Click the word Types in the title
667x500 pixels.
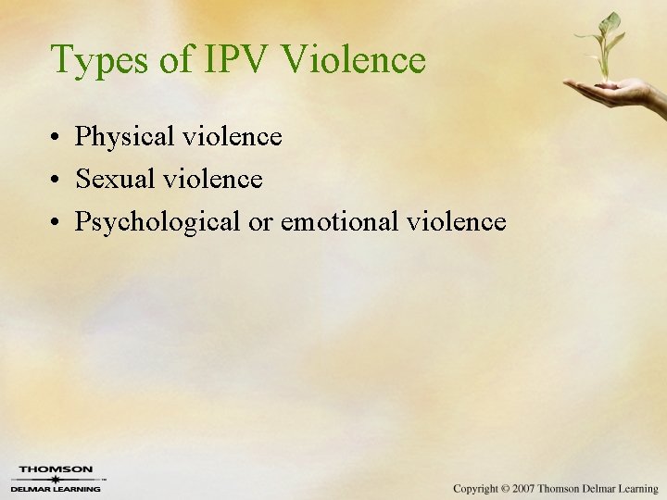(99, 60)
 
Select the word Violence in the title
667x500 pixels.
(354, 60)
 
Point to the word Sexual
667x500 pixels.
(116, 179)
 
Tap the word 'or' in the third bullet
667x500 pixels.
(263, 222)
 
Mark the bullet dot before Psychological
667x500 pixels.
(57, 223)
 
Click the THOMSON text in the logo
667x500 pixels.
(56, 469)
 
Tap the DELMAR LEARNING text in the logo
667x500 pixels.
(56, 488)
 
